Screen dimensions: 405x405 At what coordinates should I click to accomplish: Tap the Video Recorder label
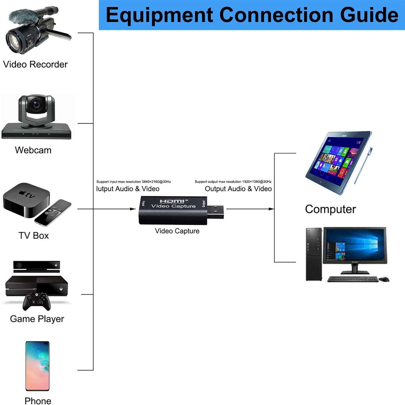pos(35,64)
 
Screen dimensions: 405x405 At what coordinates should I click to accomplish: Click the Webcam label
pos(33,150)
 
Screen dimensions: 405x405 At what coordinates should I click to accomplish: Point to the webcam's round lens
pos(36,104)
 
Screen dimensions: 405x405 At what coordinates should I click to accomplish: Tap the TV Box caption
pos(33,236)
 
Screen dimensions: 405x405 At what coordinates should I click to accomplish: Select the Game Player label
pos(37,319)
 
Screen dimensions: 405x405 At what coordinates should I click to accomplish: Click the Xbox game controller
pos(36,301)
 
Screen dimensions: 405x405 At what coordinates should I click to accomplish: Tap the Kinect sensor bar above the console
pos(36,265)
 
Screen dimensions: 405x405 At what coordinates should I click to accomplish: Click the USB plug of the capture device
pos(216,212)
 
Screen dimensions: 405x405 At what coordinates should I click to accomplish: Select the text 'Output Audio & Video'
pos(238,189)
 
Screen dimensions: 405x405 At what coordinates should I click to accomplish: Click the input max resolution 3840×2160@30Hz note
pos(134,182)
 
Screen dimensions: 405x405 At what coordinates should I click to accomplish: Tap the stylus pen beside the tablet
pos(363,165)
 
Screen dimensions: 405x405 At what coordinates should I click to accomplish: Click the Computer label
pos(330,209)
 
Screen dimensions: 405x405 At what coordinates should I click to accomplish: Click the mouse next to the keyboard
pos(384,279)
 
